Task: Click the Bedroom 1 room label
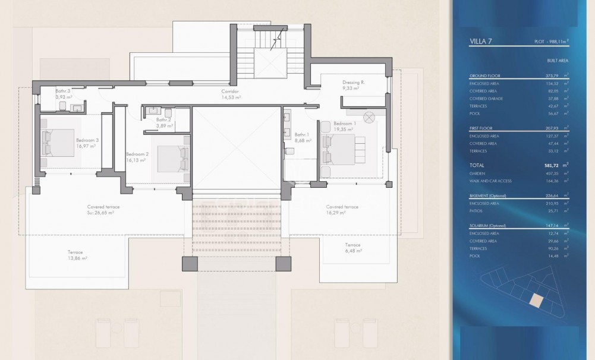(346, 123)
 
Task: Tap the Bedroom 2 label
(137, 154)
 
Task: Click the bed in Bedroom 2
(171, 158)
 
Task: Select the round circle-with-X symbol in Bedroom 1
(369, 116)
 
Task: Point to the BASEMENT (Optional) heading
(491, 195)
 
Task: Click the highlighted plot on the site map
(536, 301)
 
